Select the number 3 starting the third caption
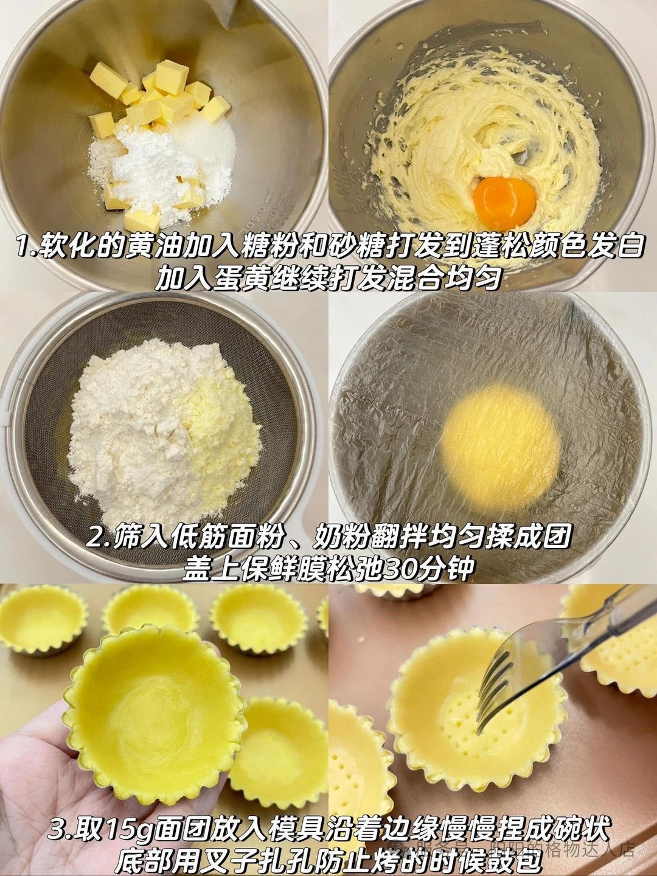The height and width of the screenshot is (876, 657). pos(58,829)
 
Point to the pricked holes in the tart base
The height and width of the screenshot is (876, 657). pos(450,709)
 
